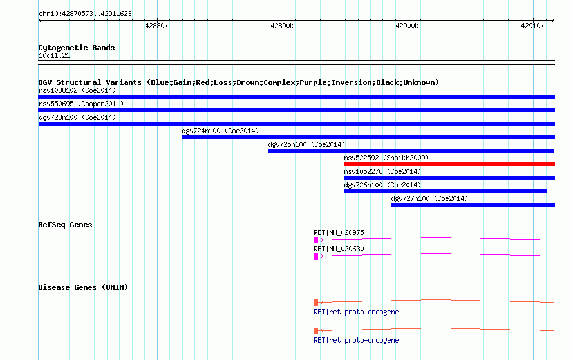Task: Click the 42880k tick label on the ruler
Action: click(x=156, y=26)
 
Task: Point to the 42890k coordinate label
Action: click(x=282, y=26)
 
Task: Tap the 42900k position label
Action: click(x=407, y=26)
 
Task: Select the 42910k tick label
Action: click(x=532, y=26)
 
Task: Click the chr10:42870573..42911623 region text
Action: click(x=85, y=14)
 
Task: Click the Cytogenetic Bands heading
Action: click(x=77, y=48)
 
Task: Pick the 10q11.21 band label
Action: click(x=54, y=55)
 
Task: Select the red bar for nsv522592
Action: click(x=449, y=164)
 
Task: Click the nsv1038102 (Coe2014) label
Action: click(x=77, y=90)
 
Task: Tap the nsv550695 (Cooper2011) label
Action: click(x=81, y=104)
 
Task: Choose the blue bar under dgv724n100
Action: click(x=368, y=137)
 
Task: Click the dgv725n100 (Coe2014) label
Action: click(x=306, y=144)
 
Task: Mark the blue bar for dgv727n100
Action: click(x=473, y=205)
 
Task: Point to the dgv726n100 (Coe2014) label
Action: click(x=382, y=185)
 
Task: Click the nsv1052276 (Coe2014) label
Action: click(x=382, y=171)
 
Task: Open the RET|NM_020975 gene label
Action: click(x=339, y=232)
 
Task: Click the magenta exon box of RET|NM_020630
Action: click(x=316, y=256)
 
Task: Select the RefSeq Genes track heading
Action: click(x=65, y=225)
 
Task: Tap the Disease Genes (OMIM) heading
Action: click(x=83, y=287)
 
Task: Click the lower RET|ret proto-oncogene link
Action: click(x=356, y=340)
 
